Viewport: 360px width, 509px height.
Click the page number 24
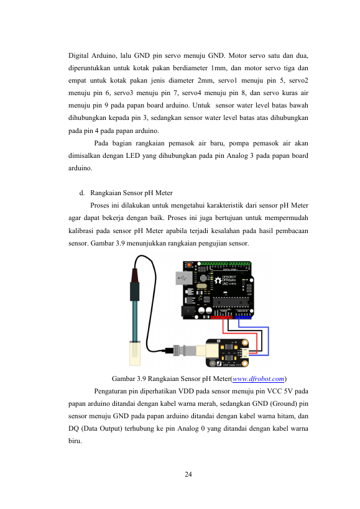(188, 474)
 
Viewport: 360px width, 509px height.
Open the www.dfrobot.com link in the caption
(259, 379)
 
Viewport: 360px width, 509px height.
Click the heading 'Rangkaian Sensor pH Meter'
(131, 193)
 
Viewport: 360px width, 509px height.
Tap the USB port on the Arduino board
(184, 278)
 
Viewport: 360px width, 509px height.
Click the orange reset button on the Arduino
(189, 265)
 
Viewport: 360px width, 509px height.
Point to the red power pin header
(222, 317)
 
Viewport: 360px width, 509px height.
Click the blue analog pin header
(243, 317)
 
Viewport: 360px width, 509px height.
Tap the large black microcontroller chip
(231, 302)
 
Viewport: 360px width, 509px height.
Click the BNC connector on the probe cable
(180, 351)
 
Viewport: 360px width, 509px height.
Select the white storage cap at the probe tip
(135, 353)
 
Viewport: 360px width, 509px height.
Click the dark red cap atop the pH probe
(135, 275)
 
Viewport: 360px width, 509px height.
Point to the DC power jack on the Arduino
(188, 311)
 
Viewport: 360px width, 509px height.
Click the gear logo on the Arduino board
(218, 280)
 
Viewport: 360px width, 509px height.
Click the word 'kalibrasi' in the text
(81, 231)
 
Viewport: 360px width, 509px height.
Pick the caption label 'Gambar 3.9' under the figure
(128, 379)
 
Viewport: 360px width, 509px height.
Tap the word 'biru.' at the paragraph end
(75, 441)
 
